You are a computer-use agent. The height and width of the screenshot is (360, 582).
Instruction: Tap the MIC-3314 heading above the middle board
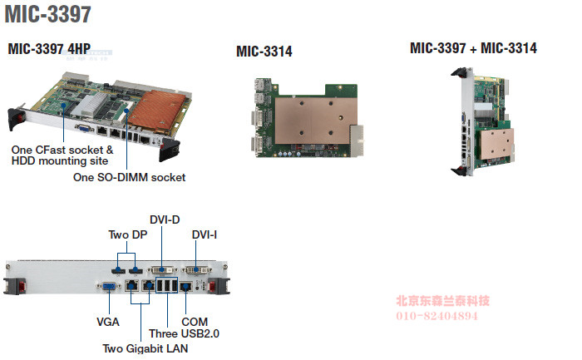pos(264,52)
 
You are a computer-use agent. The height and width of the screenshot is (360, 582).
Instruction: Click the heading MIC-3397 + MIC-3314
pos(473,48)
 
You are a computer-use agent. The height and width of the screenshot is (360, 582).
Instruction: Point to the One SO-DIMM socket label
pos(129,177)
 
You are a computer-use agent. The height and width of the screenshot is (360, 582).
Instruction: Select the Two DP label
pos(128,235)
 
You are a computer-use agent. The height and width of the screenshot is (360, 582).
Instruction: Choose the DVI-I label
pos(205,235)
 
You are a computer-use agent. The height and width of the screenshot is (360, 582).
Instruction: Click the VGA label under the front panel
pos(109,321)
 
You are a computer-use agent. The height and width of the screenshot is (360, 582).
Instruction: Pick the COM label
pos(195,321)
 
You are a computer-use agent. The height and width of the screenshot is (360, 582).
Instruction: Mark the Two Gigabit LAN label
pos(145,348)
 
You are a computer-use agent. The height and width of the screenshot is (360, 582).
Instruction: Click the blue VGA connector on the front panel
pos(109,287)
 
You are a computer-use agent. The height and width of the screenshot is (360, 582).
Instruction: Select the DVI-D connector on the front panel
pos(162,270)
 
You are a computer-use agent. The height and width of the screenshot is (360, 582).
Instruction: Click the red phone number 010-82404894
pos(436,317)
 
